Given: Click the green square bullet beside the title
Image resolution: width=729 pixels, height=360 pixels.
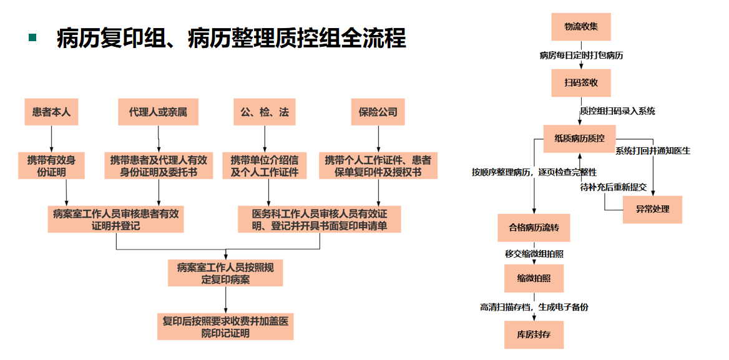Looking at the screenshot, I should pyautogui.click(x=32, y=37).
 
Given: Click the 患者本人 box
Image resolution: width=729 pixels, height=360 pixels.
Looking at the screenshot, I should pyautogui.click(x=51, y=112).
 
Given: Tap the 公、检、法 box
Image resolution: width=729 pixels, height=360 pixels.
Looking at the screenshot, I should pyautogui.click(x=264, y=112).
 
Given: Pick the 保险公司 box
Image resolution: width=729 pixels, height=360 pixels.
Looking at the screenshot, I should pyautogui.click(x=378, y=112).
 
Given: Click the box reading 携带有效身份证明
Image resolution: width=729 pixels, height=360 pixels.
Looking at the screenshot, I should pyautogui.click(x=51, y=165).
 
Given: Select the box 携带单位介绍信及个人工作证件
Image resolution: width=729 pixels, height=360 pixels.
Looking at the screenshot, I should pyautogui.click(x=265, y=165).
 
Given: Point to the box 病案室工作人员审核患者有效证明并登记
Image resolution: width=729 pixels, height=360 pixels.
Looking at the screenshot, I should pyautogui.click(x=116, y=219).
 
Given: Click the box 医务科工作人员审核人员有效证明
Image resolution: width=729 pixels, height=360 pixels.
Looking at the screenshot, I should pyautogui.click(x=320, y=219).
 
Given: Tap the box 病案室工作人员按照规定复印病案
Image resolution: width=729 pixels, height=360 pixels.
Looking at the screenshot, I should pyautogui.click(x=225, y=273).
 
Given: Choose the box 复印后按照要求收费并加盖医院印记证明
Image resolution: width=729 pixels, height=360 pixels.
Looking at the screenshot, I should pyautogui.click(x=225, y=327).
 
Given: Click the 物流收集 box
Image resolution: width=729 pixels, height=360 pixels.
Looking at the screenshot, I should pyautogui.click(x=581, y=27).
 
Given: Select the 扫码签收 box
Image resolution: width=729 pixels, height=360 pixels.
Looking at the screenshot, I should pyautogui.click(x=581, y=82).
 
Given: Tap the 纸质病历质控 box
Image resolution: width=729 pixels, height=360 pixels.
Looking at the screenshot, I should pyautogui.click(x=579, y=138).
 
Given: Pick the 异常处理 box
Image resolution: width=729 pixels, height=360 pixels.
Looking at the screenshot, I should pyautogui.click(x=652, y=209).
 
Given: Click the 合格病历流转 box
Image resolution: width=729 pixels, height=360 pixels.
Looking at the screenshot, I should pyautogui.click(x=534, y=228).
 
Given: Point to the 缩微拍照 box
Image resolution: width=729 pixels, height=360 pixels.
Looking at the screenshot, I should pyautogui.click(x=534, y=278).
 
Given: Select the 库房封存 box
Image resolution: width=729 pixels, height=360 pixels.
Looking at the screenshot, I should pyautogui.click(x=534, y=334).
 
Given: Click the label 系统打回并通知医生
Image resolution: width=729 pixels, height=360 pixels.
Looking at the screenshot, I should pyautogui.click(x=653, y=150).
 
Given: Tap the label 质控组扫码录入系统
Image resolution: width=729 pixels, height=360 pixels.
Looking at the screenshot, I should pyautogui.click(x=617, y=111).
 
